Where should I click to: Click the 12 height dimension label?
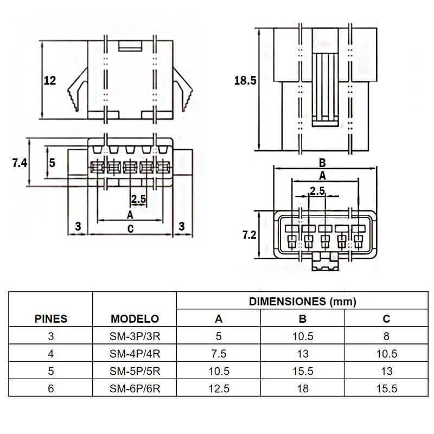coord(50,81)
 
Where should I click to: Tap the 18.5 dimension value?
coord(245,81)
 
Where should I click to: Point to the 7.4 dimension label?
coord(20,162)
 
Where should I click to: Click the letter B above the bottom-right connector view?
coord(322,163)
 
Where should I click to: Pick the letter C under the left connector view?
coord(130,228)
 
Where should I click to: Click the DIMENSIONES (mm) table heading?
coord(302,301)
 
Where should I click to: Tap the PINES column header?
coord(51,318)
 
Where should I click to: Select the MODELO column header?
coord(135,318)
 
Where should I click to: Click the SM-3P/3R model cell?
coord(135,336)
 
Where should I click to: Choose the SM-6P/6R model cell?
coord(135,388)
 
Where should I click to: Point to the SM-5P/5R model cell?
coord(135,371)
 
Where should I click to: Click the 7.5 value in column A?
coord(219,354)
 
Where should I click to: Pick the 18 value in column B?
coord(303,388)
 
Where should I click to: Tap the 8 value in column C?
coord(386,336)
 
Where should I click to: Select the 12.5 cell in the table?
coord(219,388)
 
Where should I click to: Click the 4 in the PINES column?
coord(51,354)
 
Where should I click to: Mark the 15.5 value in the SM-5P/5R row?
coord(303,371)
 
